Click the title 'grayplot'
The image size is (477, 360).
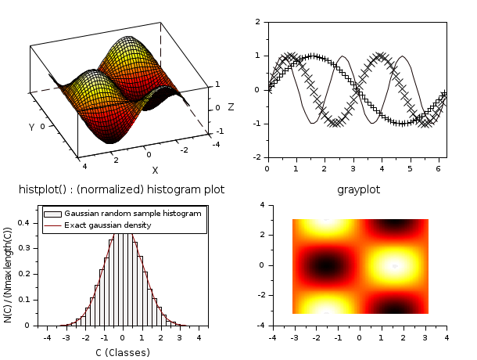357,189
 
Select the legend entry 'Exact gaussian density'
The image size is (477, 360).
108,225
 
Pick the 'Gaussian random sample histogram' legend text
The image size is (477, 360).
132,213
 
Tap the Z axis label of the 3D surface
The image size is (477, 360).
231,106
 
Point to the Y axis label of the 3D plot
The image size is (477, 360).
31,127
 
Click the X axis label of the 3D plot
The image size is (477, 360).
155,170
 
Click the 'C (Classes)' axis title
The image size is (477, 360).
122,352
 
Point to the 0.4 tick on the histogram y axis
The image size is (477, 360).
27,222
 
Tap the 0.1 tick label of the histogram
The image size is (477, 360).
27,300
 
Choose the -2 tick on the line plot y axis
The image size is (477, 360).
257,157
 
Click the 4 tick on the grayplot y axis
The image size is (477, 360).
262,205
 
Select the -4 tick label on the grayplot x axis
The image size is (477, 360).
271,337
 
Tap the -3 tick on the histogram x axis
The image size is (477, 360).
66,337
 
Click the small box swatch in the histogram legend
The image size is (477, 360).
52,213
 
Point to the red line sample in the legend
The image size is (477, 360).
52,225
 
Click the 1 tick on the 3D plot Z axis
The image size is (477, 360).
217,84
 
